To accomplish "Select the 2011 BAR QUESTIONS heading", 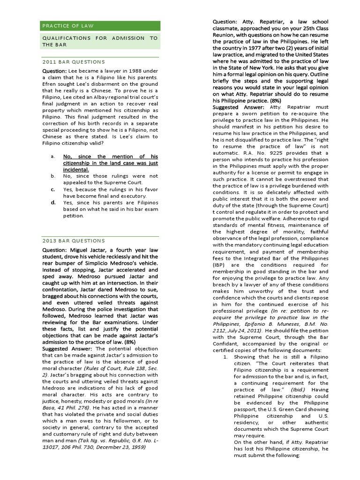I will (74, 62).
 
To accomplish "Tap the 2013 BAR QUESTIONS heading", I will (74, 241).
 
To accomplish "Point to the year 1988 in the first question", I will (138, 70).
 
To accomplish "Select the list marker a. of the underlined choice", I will (53, 156).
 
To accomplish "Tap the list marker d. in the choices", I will (53, 202).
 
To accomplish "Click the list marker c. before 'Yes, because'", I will (53, 189).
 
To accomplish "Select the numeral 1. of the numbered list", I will (225, 357).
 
